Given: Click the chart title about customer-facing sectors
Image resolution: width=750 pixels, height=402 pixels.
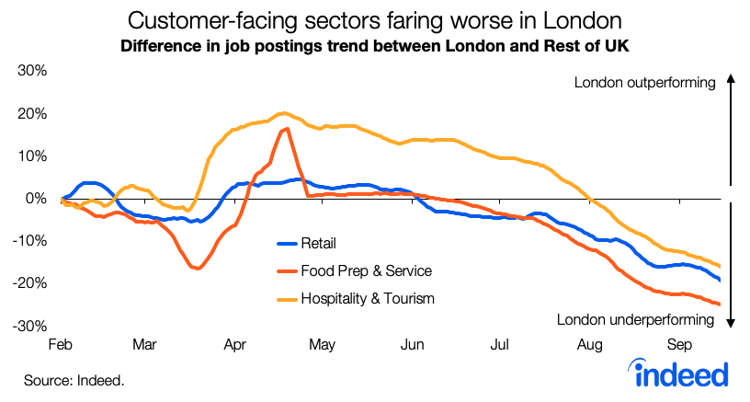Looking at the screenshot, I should coord(375,20).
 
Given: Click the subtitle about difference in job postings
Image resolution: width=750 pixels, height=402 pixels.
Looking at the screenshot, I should coord(375,45).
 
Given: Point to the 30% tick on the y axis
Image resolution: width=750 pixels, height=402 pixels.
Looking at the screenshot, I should coord(33,72).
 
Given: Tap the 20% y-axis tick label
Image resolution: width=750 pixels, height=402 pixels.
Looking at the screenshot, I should coord(33,114).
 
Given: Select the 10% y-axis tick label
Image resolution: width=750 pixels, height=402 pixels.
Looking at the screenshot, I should coord(33,156).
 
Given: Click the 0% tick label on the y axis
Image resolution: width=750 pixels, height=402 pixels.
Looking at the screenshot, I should coord(37,199).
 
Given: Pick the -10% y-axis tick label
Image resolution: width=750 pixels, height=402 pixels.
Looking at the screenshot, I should coord(31,241).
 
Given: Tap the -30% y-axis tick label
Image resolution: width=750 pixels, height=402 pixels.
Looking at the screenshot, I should coord(31,326).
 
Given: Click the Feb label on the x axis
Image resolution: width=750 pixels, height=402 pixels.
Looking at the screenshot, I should coord(62,345).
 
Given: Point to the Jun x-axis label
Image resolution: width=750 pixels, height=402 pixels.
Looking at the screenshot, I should coord(413,345).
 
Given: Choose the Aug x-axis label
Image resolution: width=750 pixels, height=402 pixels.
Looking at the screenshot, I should coord(590,345).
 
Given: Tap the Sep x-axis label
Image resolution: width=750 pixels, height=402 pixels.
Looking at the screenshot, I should coord(678,345).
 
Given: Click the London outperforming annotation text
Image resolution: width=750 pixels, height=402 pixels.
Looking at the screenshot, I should coord(644,83).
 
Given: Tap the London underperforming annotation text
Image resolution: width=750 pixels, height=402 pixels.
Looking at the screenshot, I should coord(636,320).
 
